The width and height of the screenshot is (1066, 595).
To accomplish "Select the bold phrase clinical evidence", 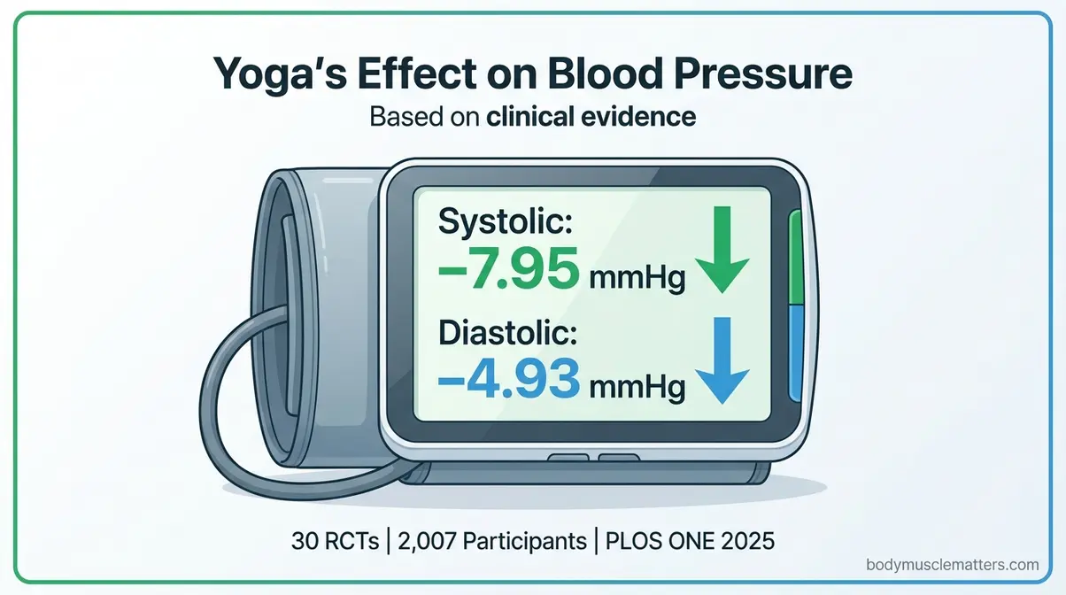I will click(x=591, y=117).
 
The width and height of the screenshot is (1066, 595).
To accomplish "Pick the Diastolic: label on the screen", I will click(x=508, y=336).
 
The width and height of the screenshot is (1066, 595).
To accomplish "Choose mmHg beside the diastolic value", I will click(x=637, y=390).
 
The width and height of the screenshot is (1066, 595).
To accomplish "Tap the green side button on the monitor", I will click(x=794, y=258).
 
